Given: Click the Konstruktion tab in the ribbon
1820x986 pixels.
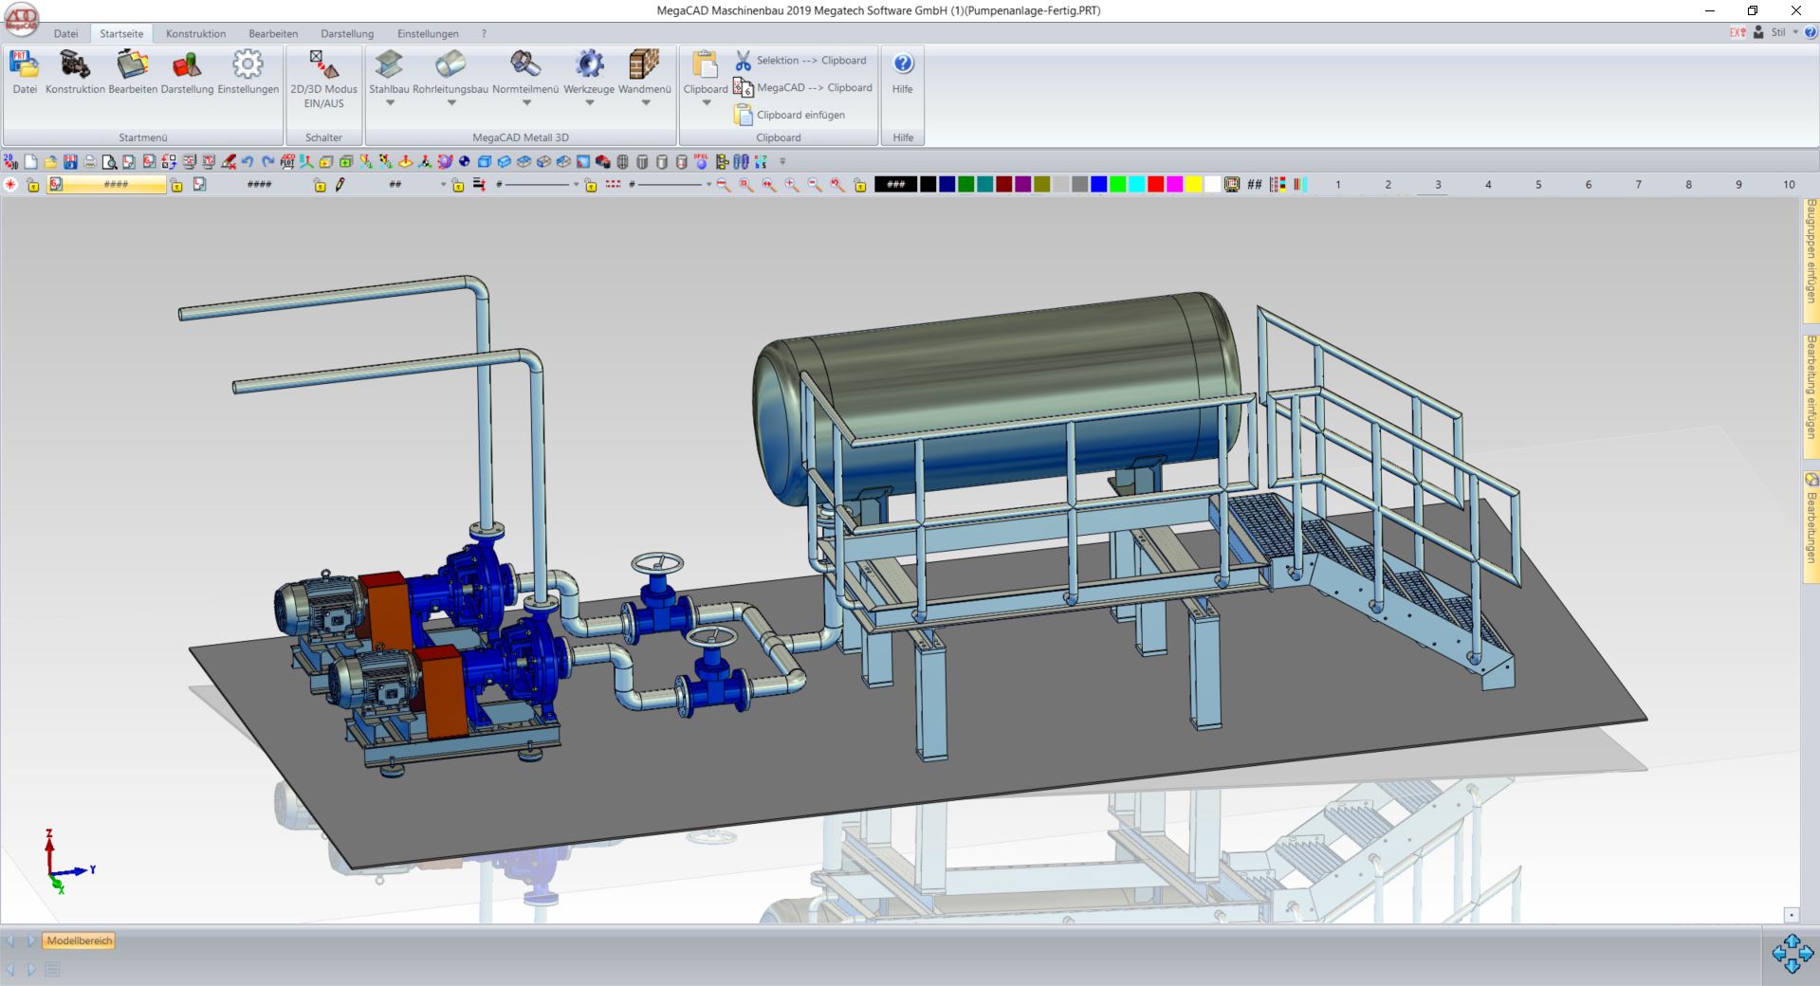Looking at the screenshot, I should tap(195, 33).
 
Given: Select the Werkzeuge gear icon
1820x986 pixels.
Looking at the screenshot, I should tap(589, 64).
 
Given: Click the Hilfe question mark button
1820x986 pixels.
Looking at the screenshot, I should tap(903, 64).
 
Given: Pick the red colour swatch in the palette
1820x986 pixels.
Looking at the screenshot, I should tap(1155, 185).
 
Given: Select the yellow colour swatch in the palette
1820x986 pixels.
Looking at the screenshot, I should tap(1193, 185).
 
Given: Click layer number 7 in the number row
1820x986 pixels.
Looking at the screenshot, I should tap(1638, 185).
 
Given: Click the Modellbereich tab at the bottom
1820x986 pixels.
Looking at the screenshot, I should tap(80, 940).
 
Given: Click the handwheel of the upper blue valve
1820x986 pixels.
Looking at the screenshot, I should tap(657, 564).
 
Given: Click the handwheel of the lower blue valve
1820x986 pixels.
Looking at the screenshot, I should tap(711, 636).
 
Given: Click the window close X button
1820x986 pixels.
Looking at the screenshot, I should tap(1795, 10).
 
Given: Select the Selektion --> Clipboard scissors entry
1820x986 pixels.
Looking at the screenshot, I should tap(801, 61).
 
